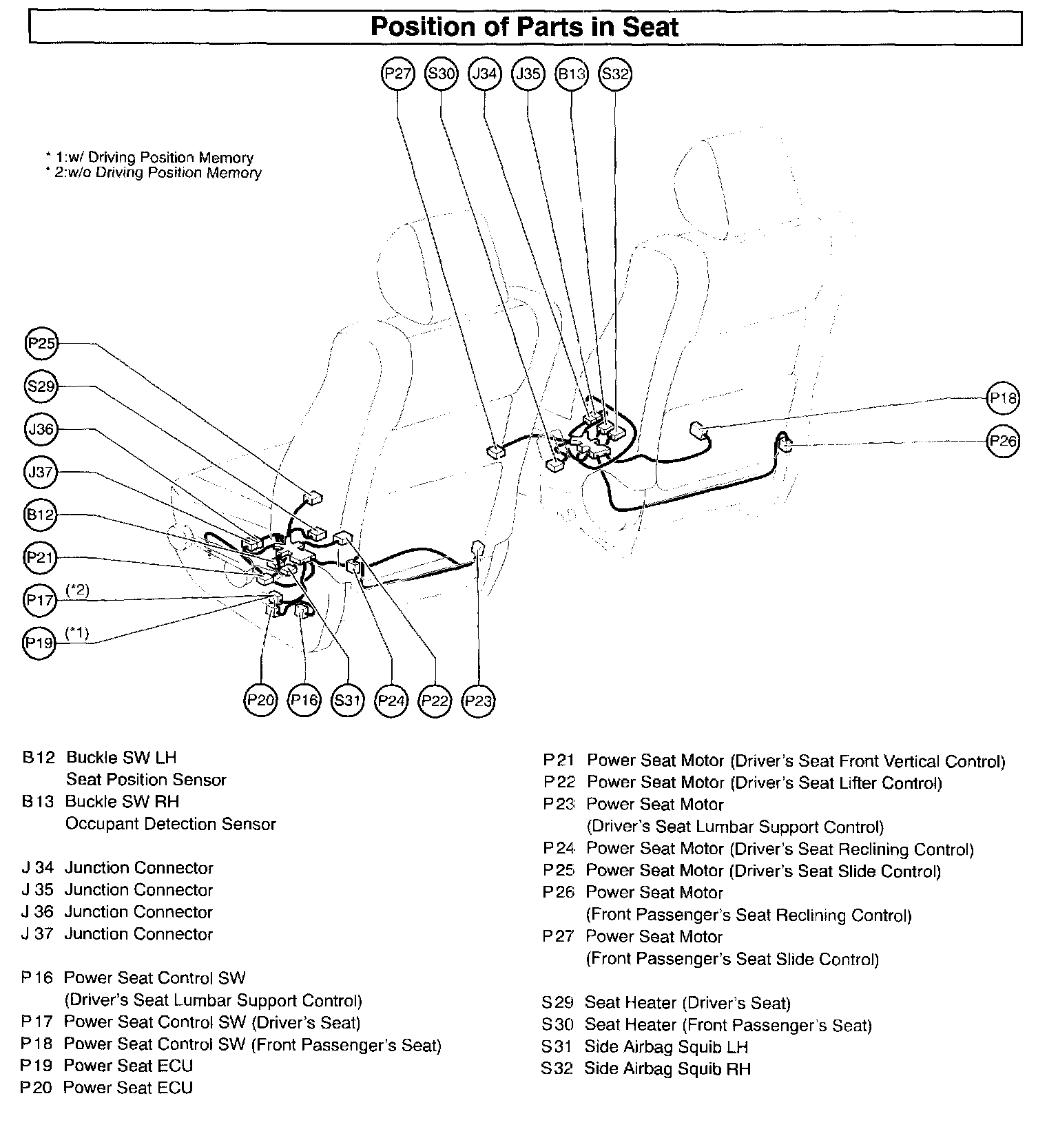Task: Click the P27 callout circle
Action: click(398, 74)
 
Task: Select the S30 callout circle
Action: click(441, 74)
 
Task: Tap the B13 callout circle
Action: click(571, 74)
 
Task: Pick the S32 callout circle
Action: click(614, 74)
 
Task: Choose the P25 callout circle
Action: click(41, 344)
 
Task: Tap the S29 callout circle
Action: click(41, 386)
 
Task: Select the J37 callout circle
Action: click(41, 473)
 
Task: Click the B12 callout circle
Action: click(41, 515)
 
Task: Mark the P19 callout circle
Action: click(39, 643)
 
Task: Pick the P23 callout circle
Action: click(478, 701)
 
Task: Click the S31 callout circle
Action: click(348, 701)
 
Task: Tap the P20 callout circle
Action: click(261, 701)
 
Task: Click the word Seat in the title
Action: click(651, 27)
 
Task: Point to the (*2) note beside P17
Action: click(77, 590)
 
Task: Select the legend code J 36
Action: click(38, 912)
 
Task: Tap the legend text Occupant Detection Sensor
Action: click(170, 824)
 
